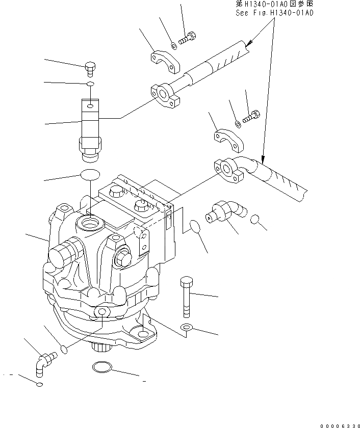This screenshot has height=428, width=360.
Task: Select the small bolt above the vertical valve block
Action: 90,67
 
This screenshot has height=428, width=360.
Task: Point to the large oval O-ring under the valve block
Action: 89,175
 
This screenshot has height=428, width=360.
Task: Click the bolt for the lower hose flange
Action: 252,117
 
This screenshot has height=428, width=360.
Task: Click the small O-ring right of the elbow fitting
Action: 258,220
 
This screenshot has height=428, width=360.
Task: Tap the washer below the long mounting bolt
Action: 187,328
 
